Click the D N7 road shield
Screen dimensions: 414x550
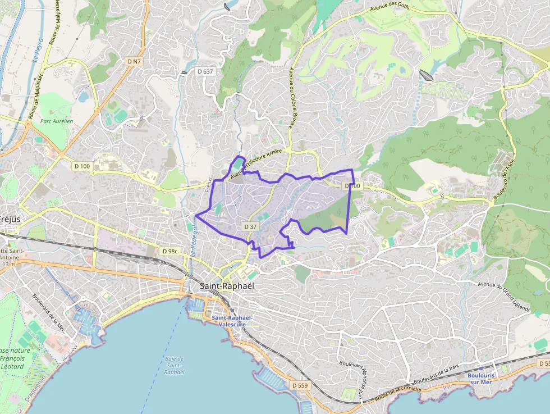134,61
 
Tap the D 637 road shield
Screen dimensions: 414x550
205,71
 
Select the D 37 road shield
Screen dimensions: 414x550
251,226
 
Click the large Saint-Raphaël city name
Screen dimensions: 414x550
227,286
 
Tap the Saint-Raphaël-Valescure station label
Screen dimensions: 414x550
232,321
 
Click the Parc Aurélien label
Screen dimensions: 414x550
57,121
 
